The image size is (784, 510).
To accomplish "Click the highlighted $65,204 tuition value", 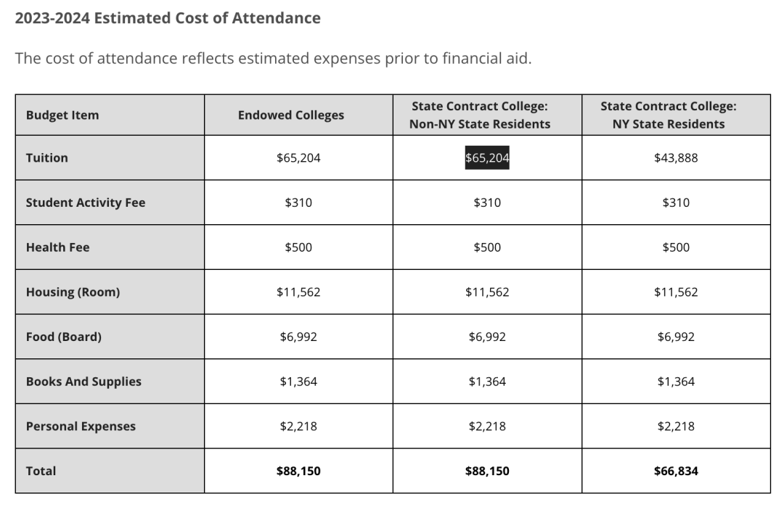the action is point(487,158).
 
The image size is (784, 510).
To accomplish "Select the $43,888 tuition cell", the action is point(676,158).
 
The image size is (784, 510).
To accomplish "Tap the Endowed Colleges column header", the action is point(291,115).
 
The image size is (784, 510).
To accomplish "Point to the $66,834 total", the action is point(676,471).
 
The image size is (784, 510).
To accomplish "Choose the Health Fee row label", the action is point(57,247).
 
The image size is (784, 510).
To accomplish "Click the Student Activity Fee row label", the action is point(86,202).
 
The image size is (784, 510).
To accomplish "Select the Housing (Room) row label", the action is point(73,292).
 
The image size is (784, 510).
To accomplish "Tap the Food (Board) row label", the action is point(63,337).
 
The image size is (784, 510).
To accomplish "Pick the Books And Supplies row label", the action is point(83,382).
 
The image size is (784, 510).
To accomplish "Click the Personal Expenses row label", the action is point(81,426).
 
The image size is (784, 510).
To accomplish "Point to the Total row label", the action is point(41,471).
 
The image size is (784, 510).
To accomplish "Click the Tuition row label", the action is point(47,158).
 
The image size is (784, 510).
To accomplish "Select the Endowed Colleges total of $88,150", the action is point(298,471).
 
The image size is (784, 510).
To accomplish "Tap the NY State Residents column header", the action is point(669,115).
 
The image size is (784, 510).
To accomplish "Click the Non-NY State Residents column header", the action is point(480,115).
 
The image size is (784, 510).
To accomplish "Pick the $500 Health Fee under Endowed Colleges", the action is point(298,247).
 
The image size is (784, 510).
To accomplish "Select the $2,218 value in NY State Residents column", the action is point(676,426).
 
